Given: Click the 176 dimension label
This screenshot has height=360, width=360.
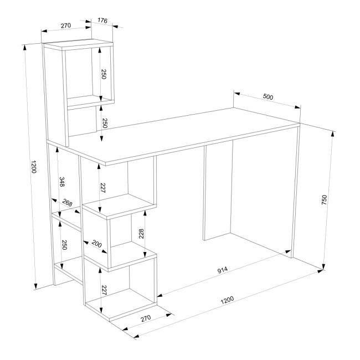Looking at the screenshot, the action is (102, 20).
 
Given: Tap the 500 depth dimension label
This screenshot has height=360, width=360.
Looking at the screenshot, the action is (268, 97).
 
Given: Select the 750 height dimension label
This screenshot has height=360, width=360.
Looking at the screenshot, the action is (324, 199).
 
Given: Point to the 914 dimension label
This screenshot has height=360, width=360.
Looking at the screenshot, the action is (223, 270).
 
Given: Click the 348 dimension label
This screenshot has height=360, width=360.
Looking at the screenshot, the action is (62, 182).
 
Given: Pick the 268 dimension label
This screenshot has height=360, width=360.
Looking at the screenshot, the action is (68, 203).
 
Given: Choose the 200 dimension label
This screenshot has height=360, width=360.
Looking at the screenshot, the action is (97, 244).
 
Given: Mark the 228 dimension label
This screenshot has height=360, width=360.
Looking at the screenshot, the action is (141, 234).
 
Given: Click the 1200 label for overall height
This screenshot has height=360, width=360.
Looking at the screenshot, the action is (34, 167).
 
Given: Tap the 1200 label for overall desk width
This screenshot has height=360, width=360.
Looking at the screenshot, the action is (227, 300).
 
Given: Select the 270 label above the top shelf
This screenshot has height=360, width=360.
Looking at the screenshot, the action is (66, 25).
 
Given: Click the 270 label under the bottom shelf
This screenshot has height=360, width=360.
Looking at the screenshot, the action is (146, 318).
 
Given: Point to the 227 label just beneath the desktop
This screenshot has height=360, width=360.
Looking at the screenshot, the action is (102, 188).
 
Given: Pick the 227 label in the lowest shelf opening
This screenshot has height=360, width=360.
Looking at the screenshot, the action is (104, 290).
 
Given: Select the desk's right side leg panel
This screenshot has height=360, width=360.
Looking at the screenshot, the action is (296, 192).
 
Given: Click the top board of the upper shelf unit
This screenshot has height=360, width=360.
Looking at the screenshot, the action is (78, 44).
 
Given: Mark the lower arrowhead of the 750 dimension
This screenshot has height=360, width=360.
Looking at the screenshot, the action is (324, 266).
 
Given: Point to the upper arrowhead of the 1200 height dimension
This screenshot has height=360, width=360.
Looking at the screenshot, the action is (24, 47).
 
